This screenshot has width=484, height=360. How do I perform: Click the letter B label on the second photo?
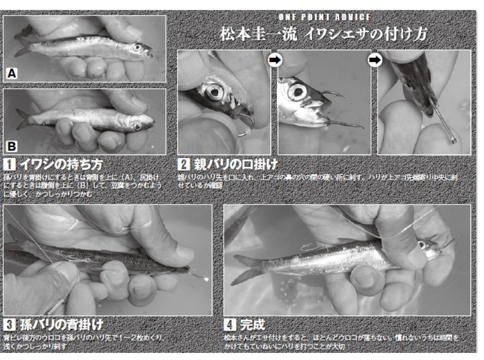[x=12, y=146]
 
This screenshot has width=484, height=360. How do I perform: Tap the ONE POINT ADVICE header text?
[x=324, y=17]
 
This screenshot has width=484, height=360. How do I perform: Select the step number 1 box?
[x=9, y=165]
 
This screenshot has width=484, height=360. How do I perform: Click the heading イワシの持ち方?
[x=60, y=165]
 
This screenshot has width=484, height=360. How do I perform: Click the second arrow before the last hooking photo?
[x=374, y=60]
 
